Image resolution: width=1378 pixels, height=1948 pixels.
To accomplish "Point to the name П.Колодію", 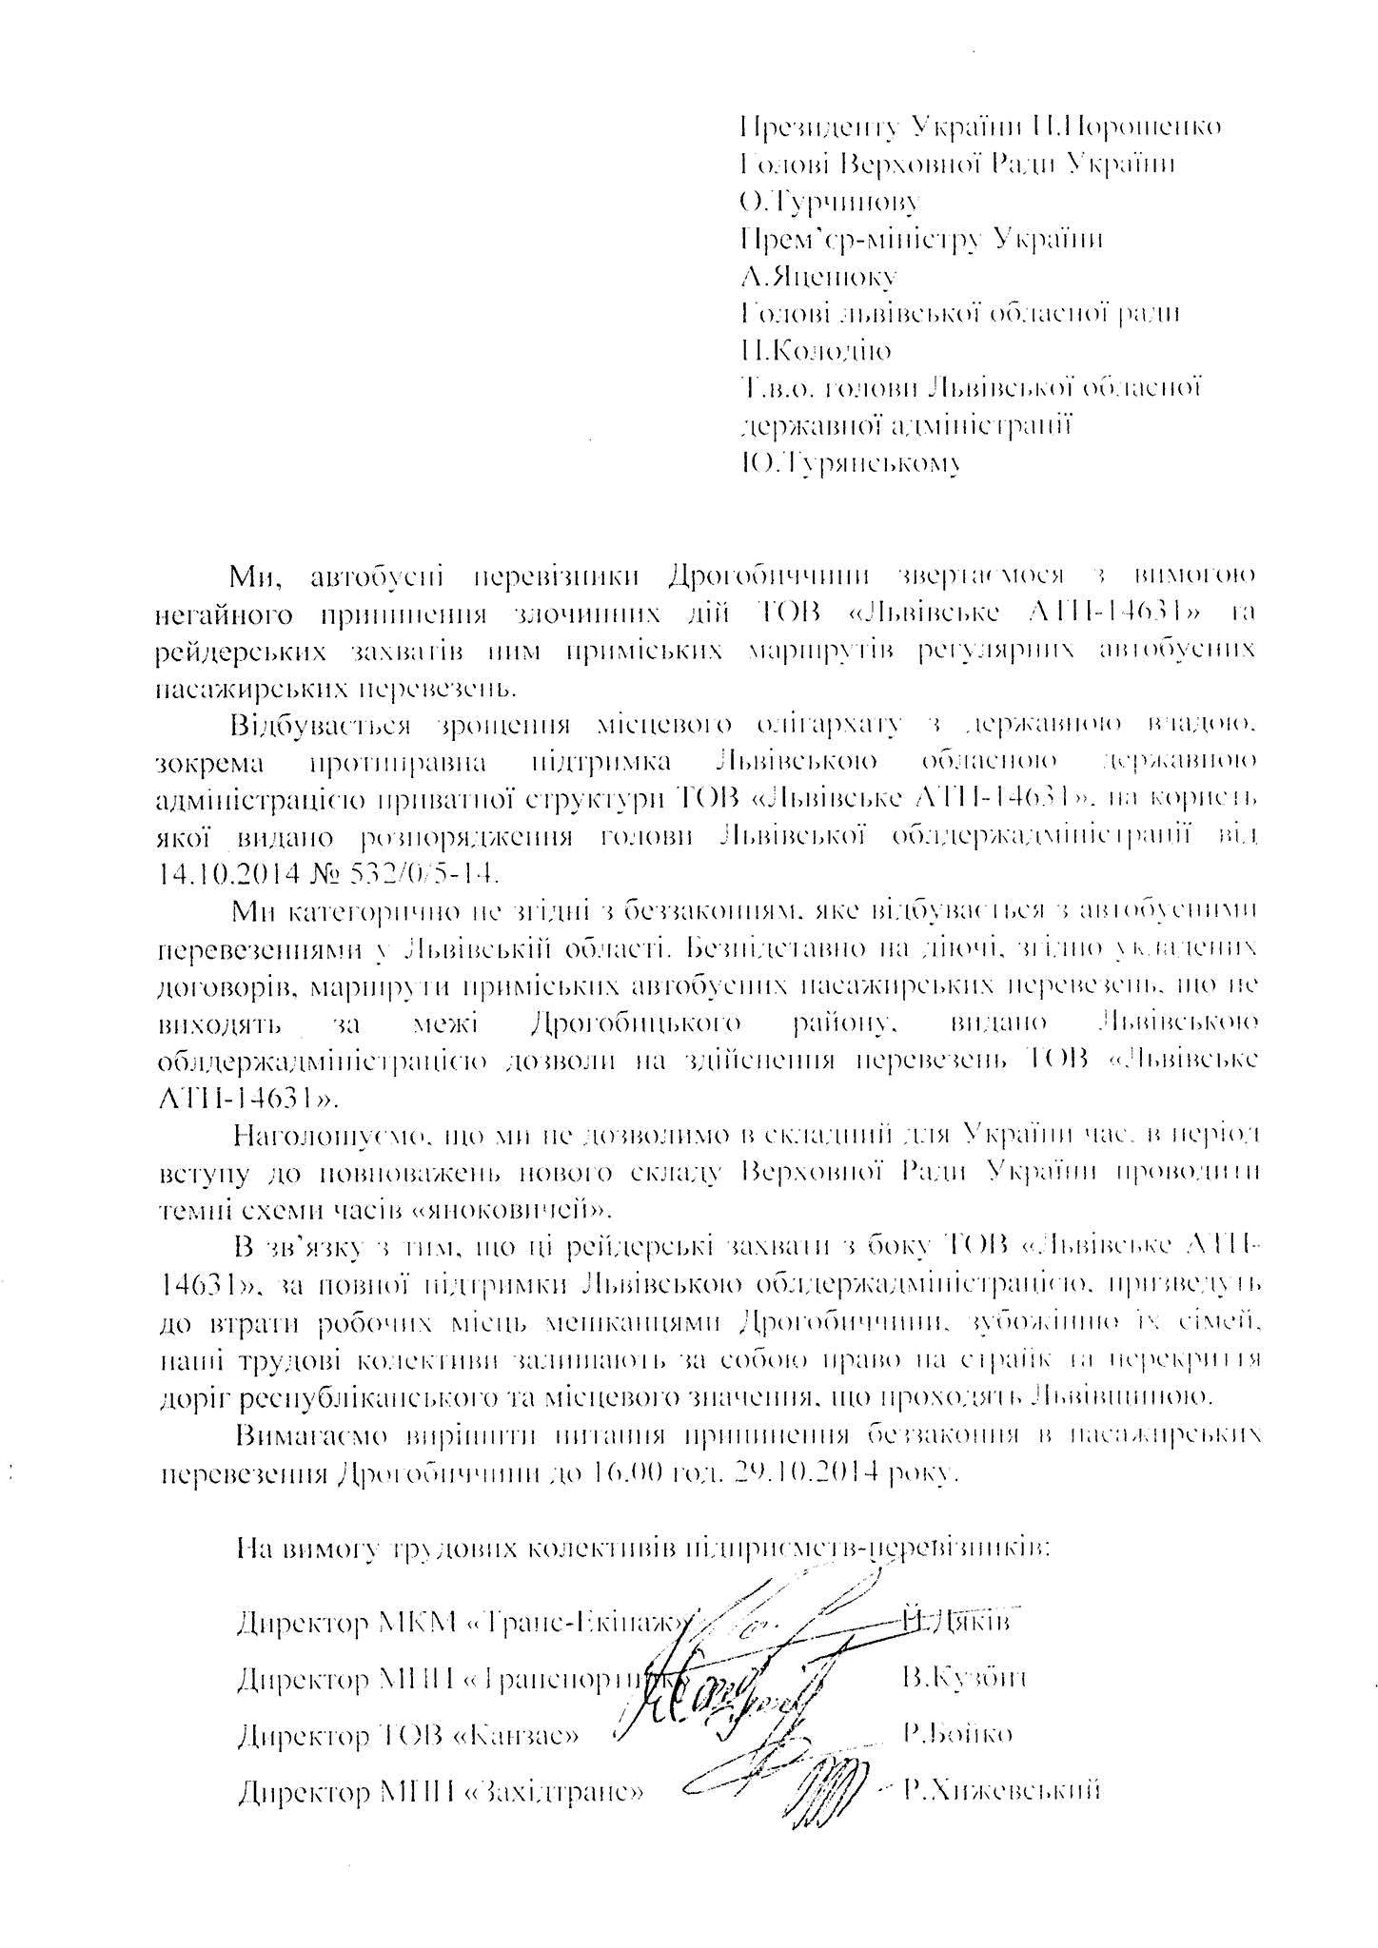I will (x=816, y=352).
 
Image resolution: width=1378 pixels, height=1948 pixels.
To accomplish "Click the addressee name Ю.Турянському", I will (x=849, y=464).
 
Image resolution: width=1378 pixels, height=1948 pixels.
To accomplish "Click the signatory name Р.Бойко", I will (x=958, y=1733).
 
